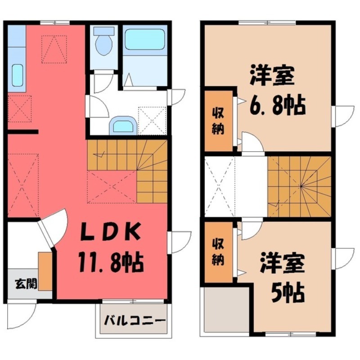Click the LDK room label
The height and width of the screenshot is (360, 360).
(110, 233)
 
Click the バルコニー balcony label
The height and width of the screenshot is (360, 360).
(133, 321)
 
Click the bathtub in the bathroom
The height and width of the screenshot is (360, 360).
(144, 40)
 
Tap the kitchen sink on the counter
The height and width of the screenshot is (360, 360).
(17, 75)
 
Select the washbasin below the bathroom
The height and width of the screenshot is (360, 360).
(122, 125)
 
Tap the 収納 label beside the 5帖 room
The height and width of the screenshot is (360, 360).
(219, 252)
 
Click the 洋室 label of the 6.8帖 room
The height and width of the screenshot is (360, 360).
(273, 75)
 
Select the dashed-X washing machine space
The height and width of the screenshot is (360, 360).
(152, 120)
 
